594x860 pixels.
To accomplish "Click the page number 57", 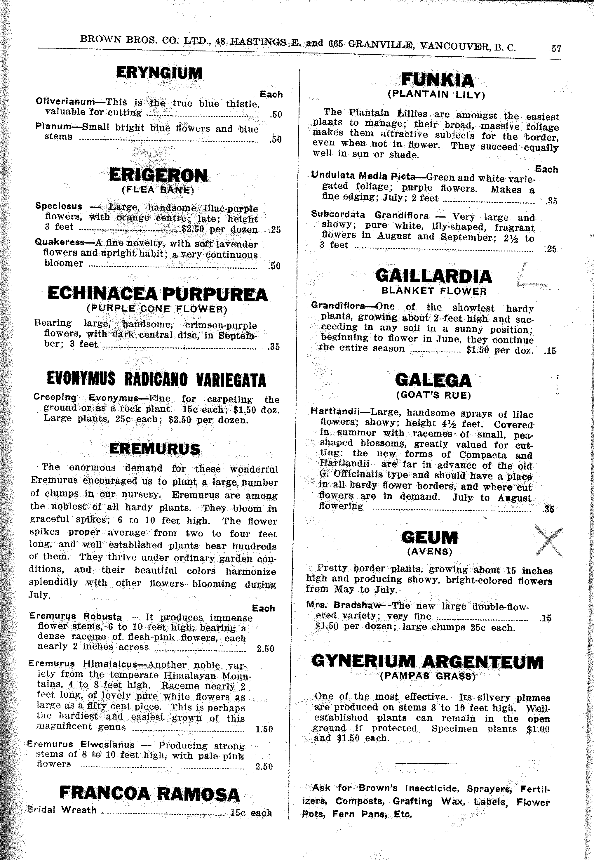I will (556, 49).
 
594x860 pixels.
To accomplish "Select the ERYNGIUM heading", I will (159, 73).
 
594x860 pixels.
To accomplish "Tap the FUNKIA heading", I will (437, 80).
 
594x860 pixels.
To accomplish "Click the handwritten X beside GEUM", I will (548, 541).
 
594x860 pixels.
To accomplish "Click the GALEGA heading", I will (433, 381).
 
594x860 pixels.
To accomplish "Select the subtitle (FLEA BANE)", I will (158, 190).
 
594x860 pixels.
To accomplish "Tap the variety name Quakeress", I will (60, 242).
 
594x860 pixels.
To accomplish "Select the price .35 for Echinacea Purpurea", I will (274, 347).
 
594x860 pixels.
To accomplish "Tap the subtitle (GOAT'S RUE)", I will (433, 395).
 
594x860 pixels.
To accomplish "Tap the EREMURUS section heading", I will (155, 449).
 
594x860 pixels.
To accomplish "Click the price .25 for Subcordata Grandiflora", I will (551, 249).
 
